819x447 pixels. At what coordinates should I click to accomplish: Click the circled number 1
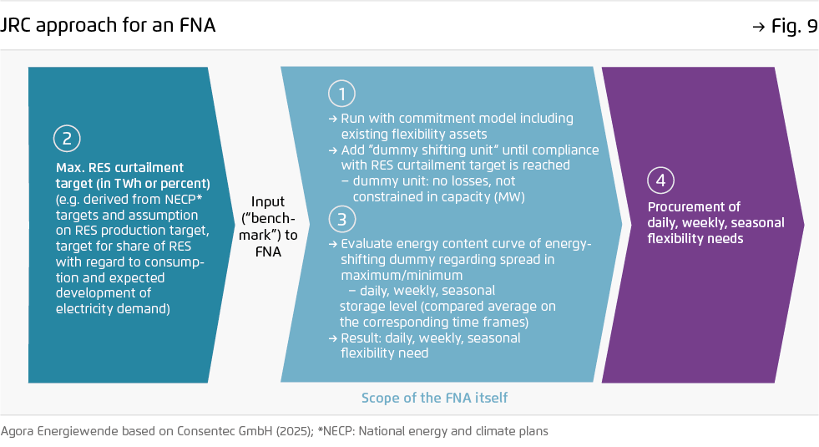pos(341,94)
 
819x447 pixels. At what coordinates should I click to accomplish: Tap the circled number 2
pos(67,139)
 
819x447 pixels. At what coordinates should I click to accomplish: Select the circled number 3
pos(342,219)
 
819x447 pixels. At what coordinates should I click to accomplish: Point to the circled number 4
pos(660,180)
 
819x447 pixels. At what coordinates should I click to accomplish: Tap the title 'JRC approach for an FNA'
pos(107,25)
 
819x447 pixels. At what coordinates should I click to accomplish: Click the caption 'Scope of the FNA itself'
pos(435,398)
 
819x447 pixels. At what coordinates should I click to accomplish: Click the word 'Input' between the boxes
pos(268,202)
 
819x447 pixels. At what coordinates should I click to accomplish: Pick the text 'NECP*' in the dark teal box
pos(184,199)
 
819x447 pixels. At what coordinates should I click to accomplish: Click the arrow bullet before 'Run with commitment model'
pos(333,119)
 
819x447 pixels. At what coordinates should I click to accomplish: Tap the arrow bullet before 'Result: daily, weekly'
pos(333,338)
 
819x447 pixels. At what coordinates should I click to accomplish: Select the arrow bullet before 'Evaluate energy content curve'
pos(333,244)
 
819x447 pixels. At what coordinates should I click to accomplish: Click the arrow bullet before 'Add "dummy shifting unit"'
pos(333,150)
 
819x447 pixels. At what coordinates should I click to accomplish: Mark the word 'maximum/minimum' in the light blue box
pos(402,276)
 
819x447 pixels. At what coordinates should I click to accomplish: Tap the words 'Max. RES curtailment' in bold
pos(119,168)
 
